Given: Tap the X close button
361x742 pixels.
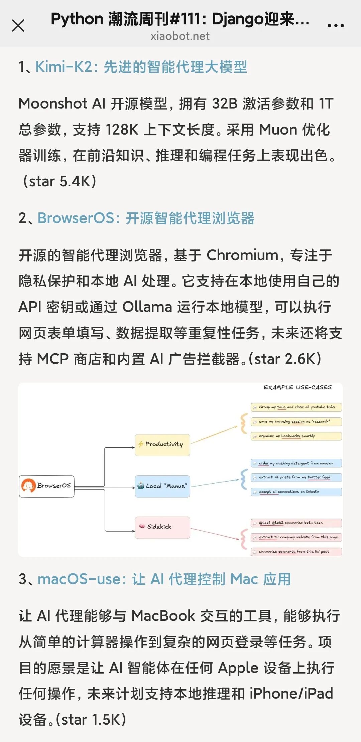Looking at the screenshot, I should click(x=18, y=25).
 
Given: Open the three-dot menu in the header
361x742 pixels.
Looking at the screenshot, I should click(x=336, y=25).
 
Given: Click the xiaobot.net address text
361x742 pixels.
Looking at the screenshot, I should click(x=180, y=36).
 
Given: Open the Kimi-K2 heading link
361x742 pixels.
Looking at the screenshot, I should click(x=141, y=67).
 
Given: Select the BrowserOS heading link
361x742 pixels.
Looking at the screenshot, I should click(x=146, y=218).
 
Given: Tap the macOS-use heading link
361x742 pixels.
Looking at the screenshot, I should click(x=164, y=579).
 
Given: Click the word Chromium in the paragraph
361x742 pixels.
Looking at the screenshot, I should click(x=242, y=255).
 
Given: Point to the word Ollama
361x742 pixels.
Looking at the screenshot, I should click(x=147, y=307).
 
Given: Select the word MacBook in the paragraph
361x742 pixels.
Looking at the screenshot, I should click(x=163, y=615).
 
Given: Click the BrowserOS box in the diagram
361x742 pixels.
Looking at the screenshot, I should click(x=47, y=486).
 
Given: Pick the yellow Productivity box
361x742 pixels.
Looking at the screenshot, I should click(x=162, y=444).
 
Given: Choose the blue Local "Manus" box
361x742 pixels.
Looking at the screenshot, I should click(x=162, y=486).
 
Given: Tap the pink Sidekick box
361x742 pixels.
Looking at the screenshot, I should click(x=162, y=527).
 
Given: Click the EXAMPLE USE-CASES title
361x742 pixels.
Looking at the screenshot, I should click(x=297, y=387).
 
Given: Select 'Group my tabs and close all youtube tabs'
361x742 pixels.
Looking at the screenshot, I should click(x=296, y=407).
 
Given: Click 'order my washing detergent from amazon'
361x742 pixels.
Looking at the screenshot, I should click(x=296, y=463).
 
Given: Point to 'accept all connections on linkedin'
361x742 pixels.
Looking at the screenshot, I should click(x=296, y=492).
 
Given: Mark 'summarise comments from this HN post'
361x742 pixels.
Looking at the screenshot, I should click(x=296, y=552).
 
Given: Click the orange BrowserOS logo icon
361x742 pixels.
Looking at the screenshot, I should click(x=28, y=486).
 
